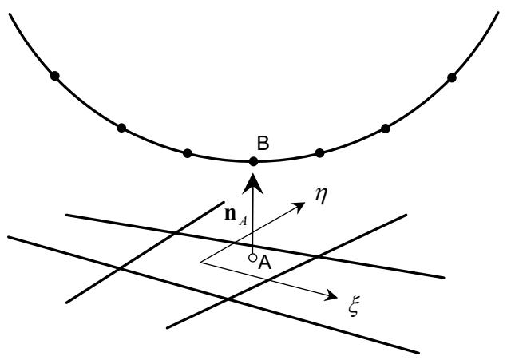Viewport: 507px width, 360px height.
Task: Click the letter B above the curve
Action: coord(263,143)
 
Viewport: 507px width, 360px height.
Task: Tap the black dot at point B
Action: coord(254,161)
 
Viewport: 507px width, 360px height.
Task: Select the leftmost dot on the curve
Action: coord(55,77)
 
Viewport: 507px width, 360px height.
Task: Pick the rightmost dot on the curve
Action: coord(452,77)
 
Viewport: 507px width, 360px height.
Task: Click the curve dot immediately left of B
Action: coord(187,153)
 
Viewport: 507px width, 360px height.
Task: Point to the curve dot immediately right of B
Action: coord(319,153)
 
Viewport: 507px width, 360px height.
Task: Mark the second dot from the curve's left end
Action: coord(121,128)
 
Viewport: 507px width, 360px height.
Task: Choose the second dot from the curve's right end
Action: coord(386,129)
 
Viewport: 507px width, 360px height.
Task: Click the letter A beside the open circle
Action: coord(265,263)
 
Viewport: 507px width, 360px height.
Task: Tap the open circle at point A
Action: coord(252,258)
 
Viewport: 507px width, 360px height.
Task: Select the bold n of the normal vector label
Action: coord(230,214)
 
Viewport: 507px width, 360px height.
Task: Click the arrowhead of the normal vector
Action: coord(253,184)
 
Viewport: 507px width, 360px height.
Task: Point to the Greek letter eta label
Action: coord(322,196)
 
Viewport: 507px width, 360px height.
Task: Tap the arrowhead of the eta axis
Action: coord(299,205)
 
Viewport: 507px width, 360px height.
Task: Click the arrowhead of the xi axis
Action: coord(331,295)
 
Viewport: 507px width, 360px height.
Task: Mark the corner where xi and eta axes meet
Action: coord(200,262)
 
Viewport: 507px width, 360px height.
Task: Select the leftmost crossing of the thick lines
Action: coord(120,268)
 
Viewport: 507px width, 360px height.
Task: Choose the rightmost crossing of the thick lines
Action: coord(316,257)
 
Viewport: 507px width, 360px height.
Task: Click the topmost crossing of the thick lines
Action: coord(175,232)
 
